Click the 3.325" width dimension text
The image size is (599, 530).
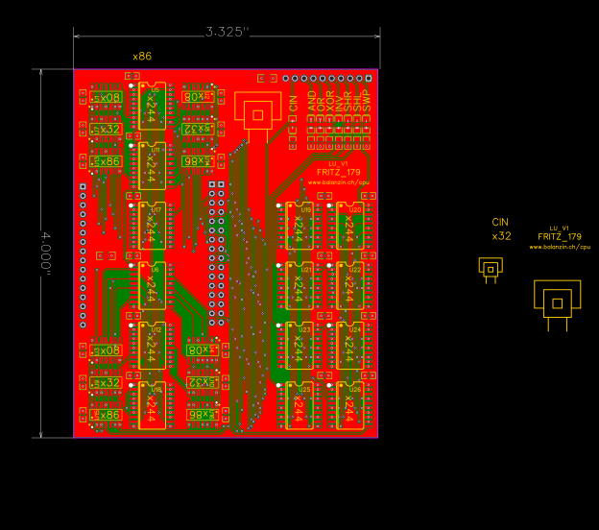227,32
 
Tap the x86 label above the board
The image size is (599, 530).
142,57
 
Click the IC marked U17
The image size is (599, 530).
152,227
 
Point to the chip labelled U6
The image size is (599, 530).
152,286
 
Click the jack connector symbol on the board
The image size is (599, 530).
255,113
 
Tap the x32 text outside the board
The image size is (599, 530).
501,235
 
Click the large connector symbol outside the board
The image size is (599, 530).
557,303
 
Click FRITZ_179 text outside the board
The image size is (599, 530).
559,236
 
